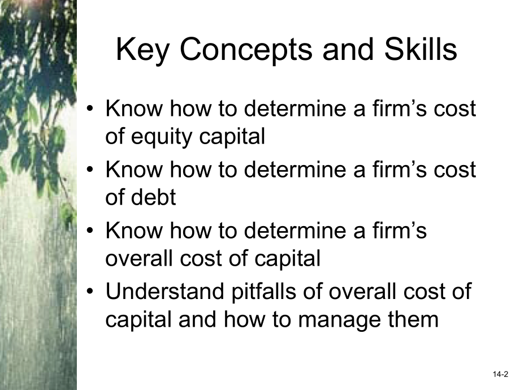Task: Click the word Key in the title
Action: tap(142, 50)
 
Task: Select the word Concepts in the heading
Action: tap(246, 50)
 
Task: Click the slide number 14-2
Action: tap(500, 374)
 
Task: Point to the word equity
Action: tap(162, 137)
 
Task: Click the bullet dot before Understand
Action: tap(90, 292)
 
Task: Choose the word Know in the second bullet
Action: tap(135, 169)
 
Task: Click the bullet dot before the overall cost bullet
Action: tap(90, 231)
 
